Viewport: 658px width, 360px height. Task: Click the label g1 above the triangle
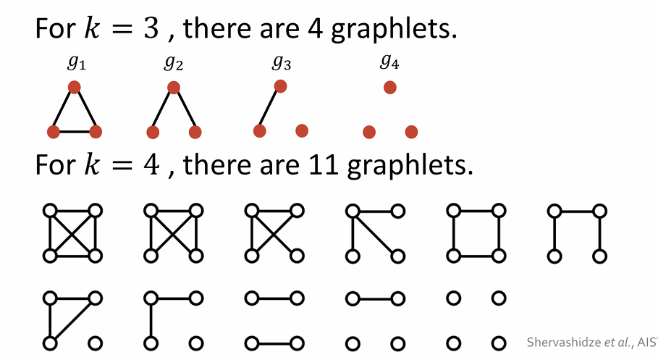[75, 64]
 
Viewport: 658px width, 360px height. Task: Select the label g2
[173, 64]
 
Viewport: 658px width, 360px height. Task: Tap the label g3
[282, 63]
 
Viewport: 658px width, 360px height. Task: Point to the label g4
[389, 63]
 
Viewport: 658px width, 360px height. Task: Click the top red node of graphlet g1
[75, 87]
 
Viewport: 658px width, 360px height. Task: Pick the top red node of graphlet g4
[389, 88]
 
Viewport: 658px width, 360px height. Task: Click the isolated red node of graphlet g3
[302, 130]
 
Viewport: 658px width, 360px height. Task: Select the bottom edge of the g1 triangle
[75, 132]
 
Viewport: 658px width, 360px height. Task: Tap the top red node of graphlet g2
[173, 88]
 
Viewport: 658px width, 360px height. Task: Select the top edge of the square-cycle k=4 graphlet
[476, 211]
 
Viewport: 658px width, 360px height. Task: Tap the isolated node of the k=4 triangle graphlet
[94, 342]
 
